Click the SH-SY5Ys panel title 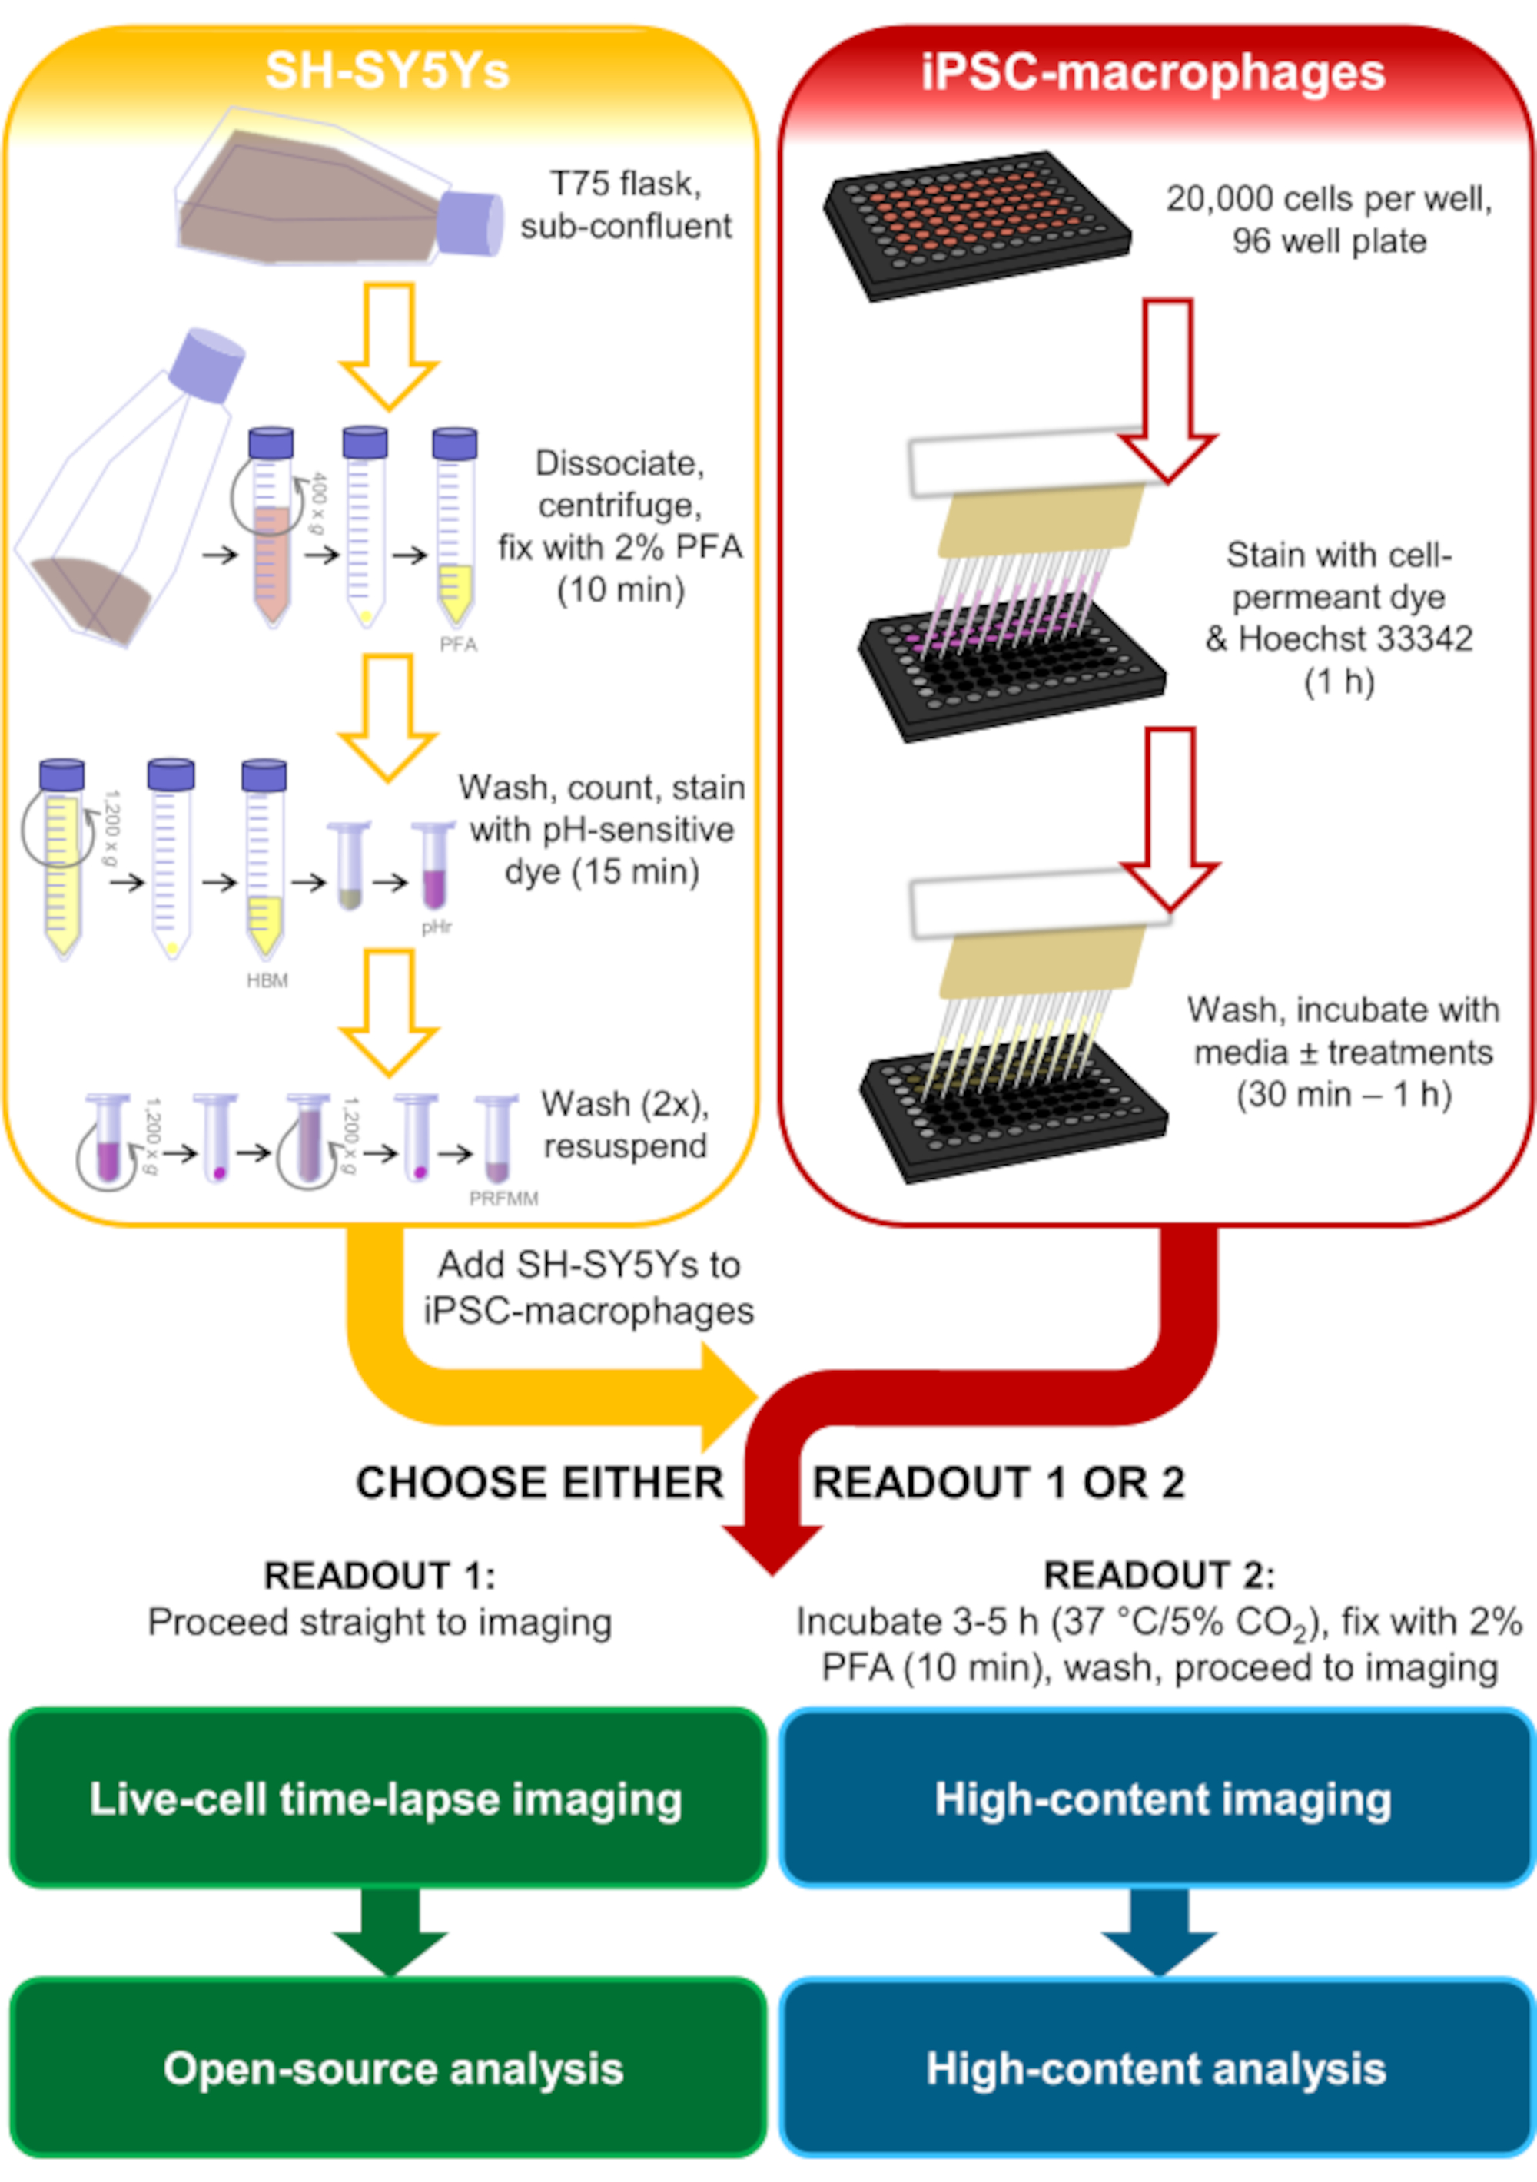click(387, 71)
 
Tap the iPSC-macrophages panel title click(1153, 72)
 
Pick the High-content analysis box click(1157, 2068)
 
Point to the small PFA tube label click(457, 645)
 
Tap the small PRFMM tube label click(504, 1199)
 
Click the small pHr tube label click(437, 927)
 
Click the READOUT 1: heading click(380, 1576)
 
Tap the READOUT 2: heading click(1159, 1575)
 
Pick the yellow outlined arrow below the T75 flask click(389, 347)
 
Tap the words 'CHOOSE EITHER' click(539, 1483)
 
